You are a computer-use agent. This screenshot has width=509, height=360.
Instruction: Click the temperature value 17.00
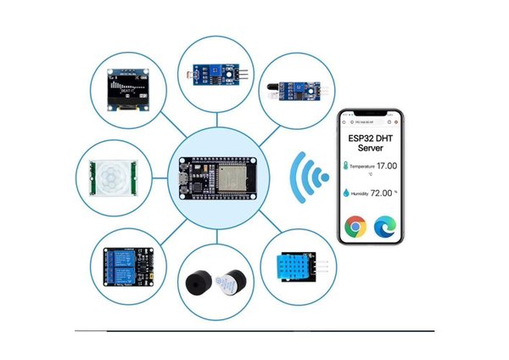point(389,167)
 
